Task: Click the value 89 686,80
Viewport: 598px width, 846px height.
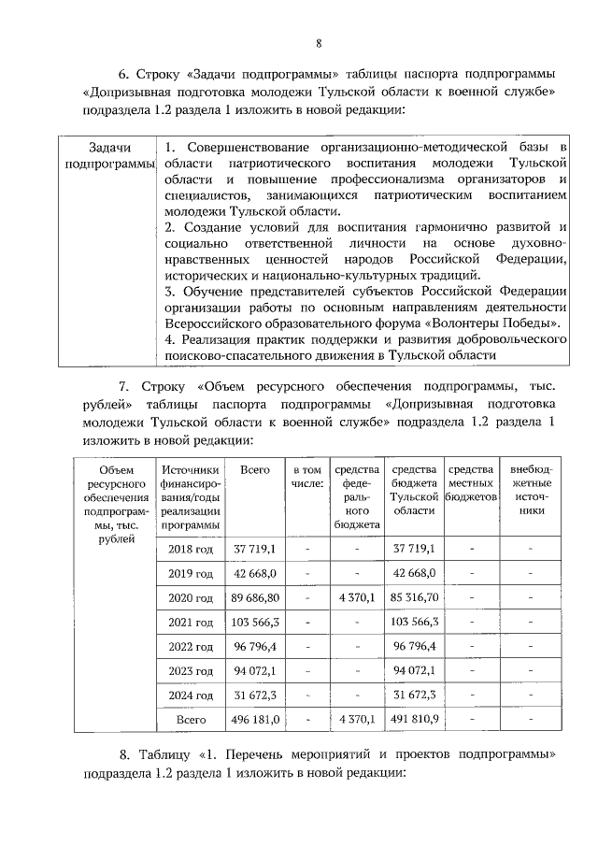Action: pyautogui.click(x=255, y=597)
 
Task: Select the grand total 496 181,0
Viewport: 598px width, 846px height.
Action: pyautogui.click(x=255, y=720)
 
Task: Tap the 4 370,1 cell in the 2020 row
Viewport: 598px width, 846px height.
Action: pyautogui.click(x=356, y=597)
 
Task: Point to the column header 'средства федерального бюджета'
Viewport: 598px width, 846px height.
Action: pyautogui.click(x=356, y=496)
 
